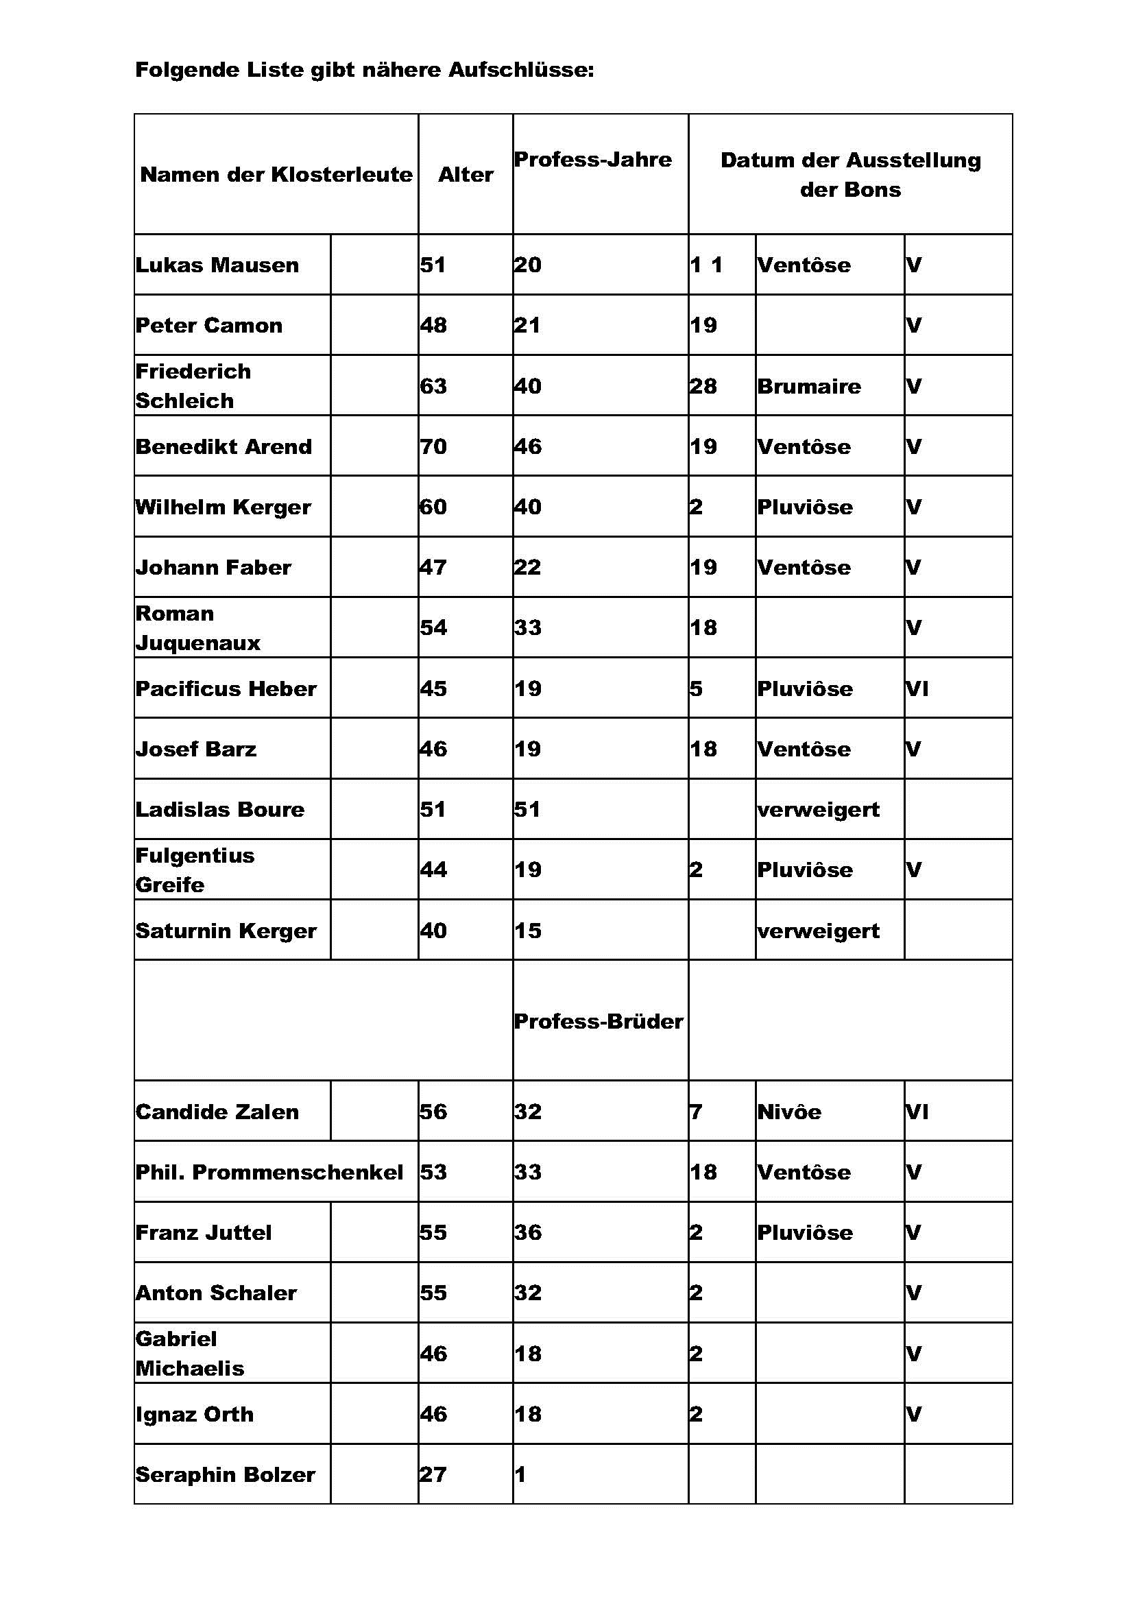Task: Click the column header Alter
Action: click(x=465, y=174)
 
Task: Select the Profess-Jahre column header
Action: click(x=592, y=159)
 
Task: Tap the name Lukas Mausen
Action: click(x=217, y=265)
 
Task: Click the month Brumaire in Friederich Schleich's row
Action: click(x=808, y=386)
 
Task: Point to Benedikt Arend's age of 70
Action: click(x=433, y=446)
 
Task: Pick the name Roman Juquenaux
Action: click(x=197, y=627)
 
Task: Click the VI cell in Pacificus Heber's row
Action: click(x=917, y=689)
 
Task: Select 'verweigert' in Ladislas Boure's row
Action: click(x=818, y=810)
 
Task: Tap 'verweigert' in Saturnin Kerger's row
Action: click(x=818, y=931)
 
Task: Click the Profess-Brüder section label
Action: click(x=599, y=1021)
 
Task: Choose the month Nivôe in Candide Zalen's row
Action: click(x=789, y=1112)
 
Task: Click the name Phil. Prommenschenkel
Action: click(x=269, y=1172)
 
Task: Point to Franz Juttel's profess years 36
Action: click(x=527, y=1232)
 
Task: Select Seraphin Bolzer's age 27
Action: click(x=432, y=1474)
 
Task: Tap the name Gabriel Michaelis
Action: click(x=189, y=1353)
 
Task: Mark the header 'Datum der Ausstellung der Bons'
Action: click(x=849, y=174)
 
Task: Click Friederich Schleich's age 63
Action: click(x=433, y=386)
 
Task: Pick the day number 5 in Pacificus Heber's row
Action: click(x=695, y=689)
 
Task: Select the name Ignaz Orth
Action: click(x=194, y=1414)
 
